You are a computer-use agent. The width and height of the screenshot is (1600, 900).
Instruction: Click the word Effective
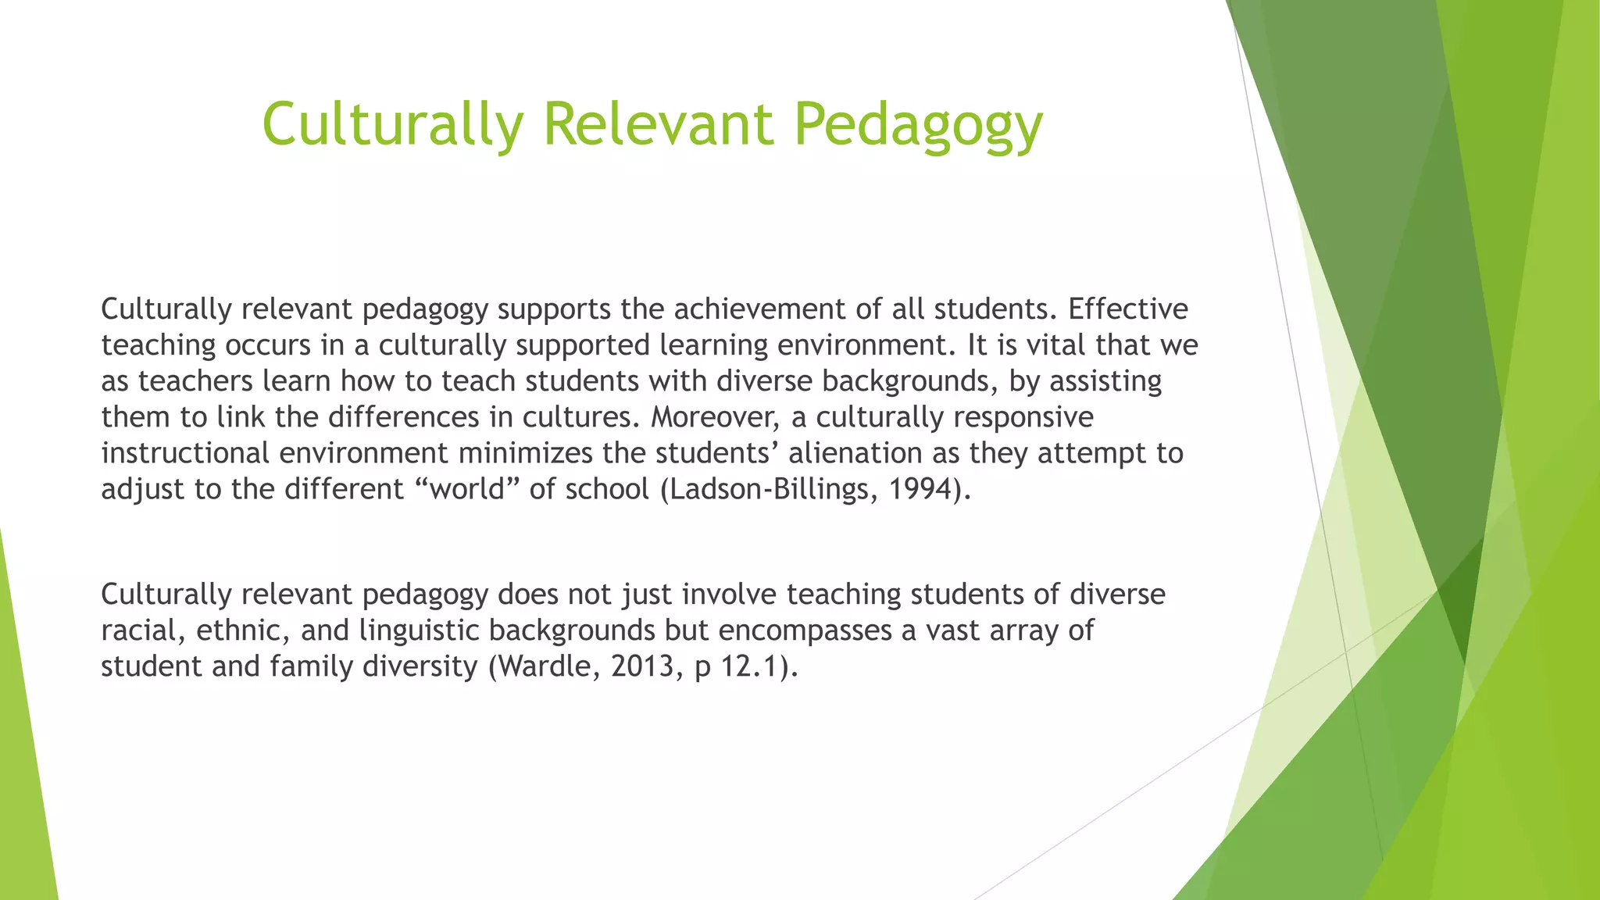[x=1127, y=309]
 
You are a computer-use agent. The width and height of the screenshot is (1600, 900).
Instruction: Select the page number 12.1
[x=750, y=666]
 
